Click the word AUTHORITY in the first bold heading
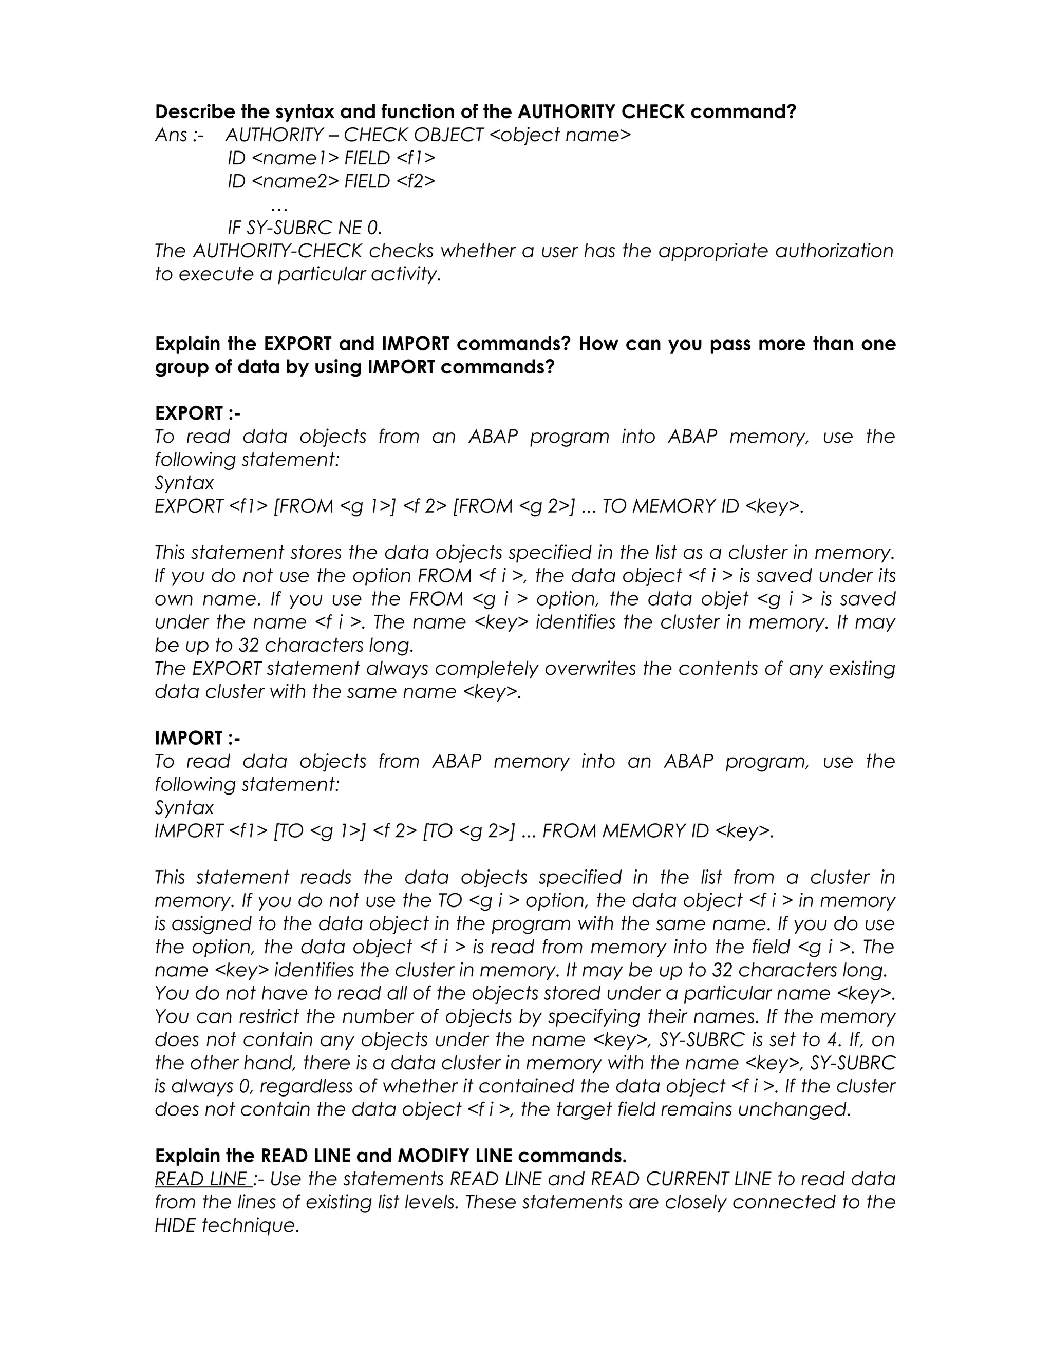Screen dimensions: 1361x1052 (566, 112)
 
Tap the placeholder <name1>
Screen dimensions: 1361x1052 (295, 158)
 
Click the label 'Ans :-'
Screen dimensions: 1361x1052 (179, 135)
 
